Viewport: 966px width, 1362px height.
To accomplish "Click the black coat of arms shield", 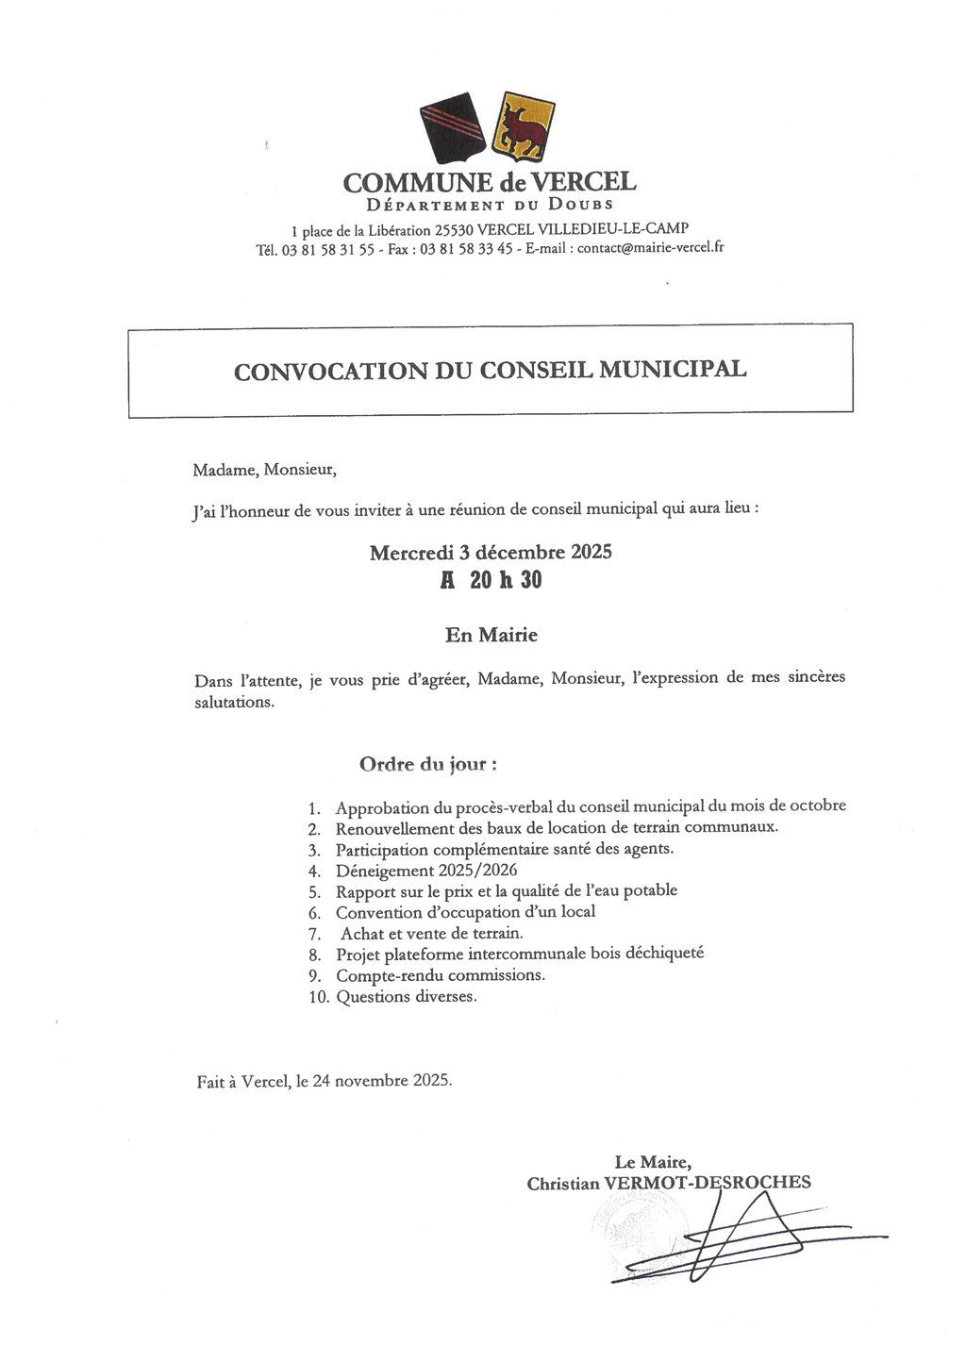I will (x=454, y=124).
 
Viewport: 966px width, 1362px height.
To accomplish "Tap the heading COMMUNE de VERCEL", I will (x=490, y=181).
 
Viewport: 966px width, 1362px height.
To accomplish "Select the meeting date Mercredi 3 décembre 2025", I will (x=490, y=552).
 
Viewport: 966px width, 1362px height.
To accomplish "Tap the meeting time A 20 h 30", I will (x=491, y=580).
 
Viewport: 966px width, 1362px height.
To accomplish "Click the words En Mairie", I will (x=491, y=635).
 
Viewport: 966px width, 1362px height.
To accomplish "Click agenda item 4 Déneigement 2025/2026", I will (x=426, y=870).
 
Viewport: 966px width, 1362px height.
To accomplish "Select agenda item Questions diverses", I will (x=406, y=996).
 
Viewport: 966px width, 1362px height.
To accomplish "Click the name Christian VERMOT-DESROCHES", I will (x=669, y=1183).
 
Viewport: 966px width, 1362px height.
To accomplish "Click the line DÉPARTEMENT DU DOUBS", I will (x=490, y=205).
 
